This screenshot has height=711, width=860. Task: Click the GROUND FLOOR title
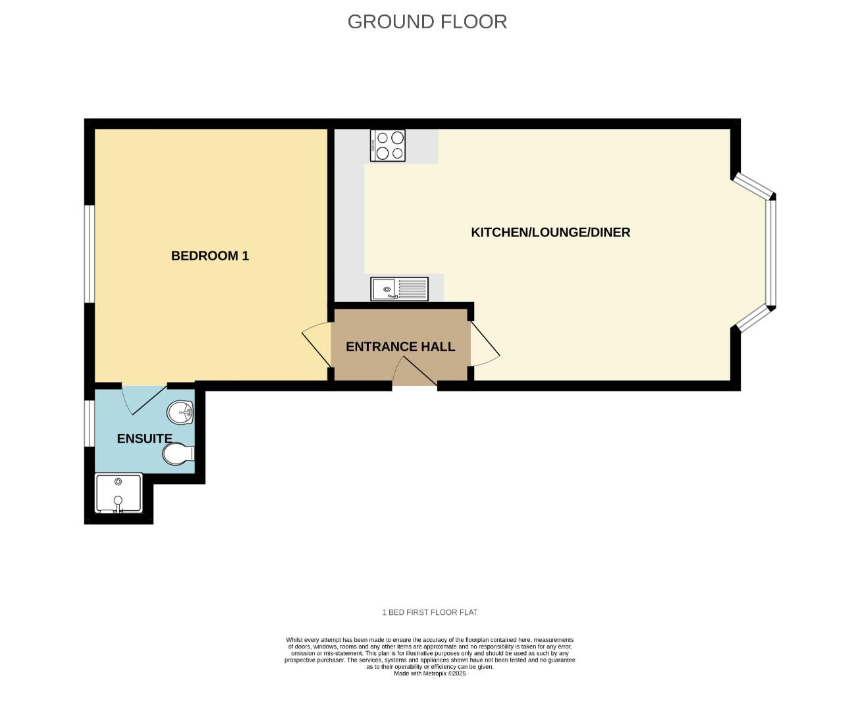click(x=427, y=22)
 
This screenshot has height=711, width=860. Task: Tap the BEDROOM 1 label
click(x=210, y=255)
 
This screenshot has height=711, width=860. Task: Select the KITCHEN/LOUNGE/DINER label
click(x=551, y=232)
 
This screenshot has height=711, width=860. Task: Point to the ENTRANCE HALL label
click(x=400, y=346)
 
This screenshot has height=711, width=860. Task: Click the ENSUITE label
click(x=145, y=438)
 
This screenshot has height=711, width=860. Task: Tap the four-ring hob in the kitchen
click(x=388, y=145)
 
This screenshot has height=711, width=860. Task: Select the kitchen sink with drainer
click(x=399, y=289)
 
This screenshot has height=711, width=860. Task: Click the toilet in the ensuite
click(x=178, y=453)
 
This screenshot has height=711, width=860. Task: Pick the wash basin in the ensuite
click(x=180, y=413)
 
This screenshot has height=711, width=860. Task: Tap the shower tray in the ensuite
click(x=119, y=493)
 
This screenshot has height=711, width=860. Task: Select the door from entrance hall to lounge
click(x=485, y=344)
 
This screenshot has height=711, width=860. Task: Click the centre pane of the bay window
click(x=771, y=252)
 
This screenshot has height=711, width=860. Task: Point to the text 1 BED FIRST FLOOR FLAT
click(x=429, y=612)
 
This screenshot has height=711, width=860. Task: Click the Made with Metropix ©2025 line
click(x=429, y=673)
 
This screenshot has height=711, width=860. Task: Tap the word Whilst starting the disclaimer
click(x=294, y=640)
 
